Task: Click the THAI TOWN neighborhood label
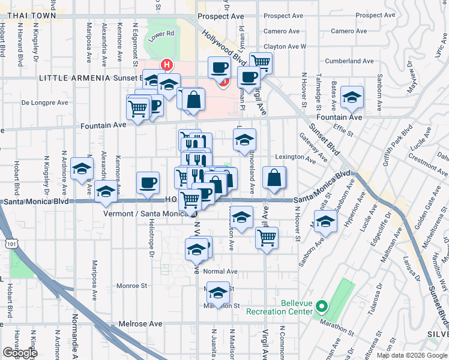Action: pos(29,16)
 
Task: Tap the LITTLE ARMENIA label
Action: pos(74,78)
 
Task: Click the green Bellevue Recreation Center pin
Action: pos(321,308)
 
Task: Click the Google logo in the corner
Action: pos(20,352)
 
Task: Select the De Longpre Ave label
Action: pos(45,103)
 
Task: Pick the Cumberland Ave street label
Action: pos(349,61)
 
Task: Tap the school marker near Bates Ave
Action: pos(352,97)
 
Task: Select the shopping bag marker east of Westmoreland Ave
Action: pos(274,178)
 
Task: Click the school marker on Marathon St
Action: pos(218,292)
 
